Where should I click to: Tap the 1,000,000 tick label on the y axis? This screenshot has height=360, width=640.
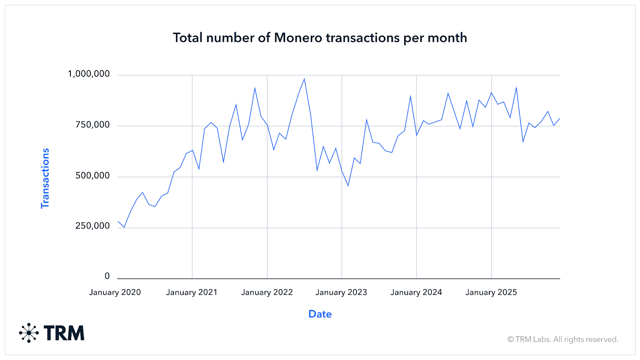pyautogui.click(x=89, y=74)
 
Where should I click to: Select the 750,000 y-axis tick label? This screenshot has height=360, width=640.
pyautogui.click(x=92, y=125)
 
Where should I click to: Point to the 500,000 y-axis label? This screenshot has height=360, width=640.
pyautogui.click(x=92, y=176)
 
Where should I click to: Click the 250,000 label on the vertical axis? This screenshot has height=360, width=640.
pyautogui.click(x=92, y=226)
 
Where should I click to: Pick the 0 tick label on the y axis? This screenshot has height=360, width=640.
pyautogui.click(x=107, y=276)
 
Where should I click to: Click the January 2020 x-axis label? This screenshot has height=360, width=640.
pyautogui.click(x=115, y=292)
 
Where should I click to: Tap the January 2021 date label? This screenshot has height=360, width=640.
pyautogui.click(x=192, y=292)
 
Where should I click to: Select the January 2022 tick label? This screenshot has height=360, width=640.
pyautogui.click(x=267, y=292)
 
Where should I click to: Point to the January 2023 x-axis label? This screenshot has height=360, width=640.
pyautogui.click(x=341, y=292)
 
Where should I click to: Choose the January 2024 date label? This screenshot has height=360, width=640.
pyautogui.click(x=416, y=292)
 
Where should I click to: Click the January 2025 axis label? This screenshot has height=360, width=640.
pyautogui.click(x=491, y=292)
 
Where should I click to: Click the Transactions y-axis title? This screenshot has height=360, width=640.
pyautogui.click(x=45, y=178)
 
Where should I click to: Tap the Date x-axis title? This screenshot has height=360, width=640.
pyautogui.click(x=320, y=314)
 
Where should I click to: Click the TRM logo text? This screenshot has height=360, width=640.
pyautogui.click(x=64, y=333)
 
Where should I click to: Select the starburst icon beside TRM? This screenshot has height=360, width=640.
pyautogui.click(x=29, y=333)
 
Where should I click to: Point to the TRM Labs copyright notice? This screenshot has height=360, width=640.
pyautogui.click(x=563, y=340)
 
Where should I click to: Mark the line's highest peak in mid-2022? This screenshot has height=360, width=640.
pyautogui.click(x=304, y=79)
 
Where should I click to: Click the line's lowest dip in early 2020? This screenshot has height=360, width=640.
pyautogui.click(x=124, y=227)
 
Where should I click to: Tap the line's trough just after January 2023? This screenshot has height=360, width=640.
pyautogui.click(x=348, y=186)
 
